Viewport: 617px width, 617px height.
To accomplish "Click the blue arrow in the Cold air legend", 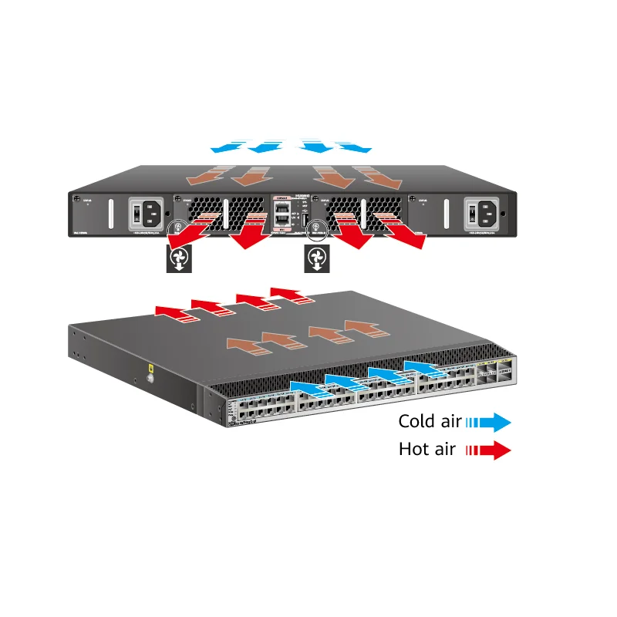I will [490, 421].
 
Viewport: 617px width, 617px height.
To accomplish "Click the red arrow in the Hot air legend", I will [490, 450].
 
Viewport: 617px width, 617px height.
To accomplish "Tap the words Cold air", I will [429, 421].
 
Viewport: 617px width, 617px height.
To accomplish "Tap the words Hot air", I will [427, 449].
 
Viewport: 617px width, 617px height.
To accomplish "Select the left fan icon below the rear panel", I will [178, 260].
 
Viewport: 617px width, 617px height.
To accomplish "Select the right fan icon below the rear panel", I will [315, 260].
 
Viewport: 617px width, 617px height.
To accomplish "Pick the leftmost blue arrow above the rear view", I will [229, 145].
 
